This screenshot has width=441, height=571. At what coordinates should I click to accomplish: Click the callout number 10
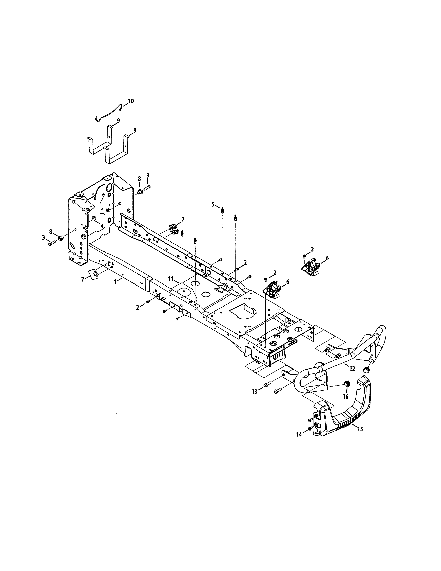pyautogui.click(x=131, y=101)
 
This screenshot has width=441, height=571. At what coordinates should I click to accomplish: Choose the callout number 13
pyautogui.click(x=254, y=399)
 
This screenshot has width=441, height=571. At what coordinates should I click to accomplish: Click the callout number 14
pyautogui.click(x=299, y=434)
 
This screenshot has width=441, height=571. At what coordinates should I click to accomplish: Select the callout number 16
pyautogui.click(x=345, y=397)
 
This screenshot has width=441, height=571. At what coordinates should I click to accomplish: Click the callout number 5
pyautogui.click(x=213, y=204)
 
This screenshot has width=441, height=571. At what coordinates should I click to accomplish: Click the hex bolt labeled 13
pyautogui.click(x=267, y=392)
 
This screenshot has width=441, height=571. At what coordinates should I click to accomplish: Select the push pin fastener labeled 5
pyautogui.click(x=222, y=210)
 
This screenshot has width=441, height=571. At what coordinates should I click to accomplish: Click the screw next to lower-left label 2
pyautogui.click(x=148, y=301)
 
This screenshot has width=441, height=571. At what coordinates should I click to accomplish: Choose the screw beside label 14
pyautogui.click(x=310, y=428)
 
